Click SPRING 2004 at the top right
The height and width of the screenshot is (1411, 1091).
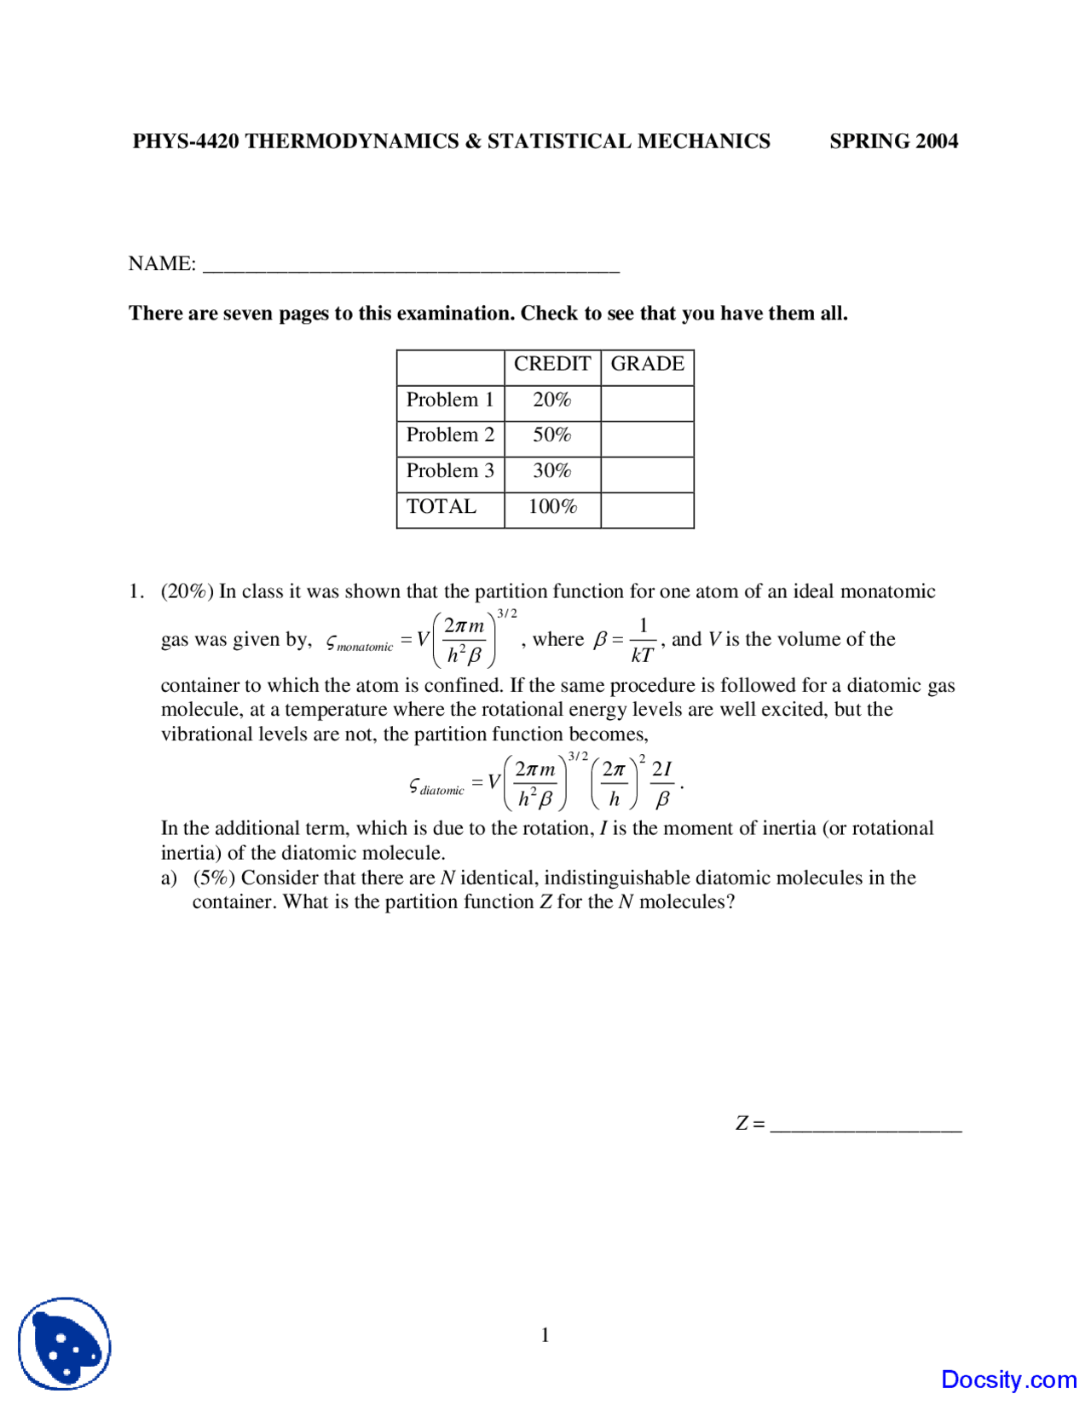(893, 141)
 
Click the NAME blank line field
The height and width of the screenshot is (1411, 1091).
(411, 266)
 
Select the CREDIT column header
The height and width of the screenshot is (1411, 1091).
(551, 365)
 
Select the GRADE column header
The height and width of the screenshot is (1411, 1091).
(647, 365)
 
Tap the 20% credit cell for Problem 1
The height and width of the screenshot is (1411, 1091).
(551, 400)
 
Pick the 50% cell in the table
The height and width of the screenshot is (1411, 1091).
(551, 435)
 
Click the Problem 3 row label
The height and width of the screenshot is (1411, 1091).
(449, 471)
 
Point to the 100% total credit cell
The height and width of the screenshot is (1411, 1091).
(551, 507)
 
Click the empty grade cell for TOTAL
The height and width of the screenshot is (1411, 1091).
(647, 510)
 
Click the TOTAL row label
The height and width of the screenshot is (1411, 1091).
(441, 507)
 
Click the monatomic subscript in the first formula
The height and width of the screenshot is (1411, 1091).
(365, 648)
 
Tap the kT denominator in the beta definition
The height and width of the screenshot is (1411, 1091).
(642, 655)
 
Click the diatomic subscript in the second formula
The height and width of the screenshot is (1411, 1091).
(442, 791)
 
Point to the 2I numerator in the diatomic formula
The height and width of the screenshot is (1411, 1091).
(661, 769)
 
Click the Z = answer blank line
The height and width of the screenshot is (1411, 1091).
(865, 1125)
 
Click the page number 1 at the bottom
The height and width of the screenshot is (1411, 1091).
(545, 1335)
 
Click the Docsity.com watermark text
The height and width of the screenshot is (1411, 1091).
(1008, 1379)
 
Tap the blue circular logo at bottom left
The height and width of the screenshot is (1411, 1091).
(65, 1344)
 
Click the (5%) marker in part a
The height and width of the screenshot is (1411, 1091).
(213, 878)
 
